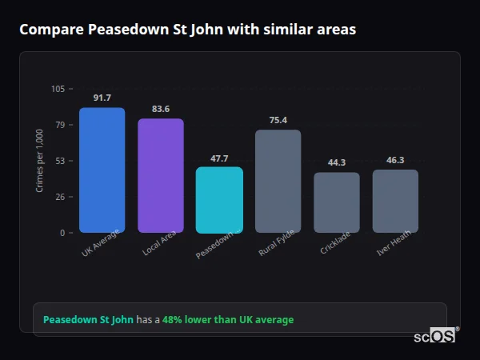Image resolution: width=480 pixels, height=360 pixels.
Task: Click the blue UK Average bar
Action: [x=102, y=170]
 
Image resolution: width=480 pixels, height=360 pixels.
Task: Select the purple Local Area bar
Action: [x=161, y=175]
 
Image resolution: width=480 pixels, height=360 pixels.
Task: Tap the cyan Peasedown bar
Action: [x=219, y=199]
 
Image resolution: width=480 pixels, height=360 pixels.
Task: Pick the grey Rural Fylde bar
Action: [x=278, y=181]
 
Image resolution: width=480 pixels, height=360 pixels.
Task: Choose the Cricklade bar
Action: [x=337, y=202]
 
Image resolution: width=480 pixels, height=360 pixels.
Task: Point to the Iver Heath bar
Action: [x=395, y=201]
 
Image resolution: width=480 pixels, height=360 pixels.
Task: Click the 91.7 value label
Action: [x=102, y=98]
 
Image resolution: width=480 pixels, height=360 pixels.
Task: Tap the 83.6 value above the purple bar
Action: [x=161, y=109]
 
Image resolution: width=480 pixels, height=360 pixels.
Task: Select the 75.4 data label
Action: [x=278, y=120]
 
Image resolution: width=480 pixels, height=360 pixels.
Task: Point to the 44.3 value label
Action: [x=337, y=162]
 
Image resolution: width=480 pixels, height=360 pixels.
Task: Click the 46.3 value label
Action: [x=395, y=160]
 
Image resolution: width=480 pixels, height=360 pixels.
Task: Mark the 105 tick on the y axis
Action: [x=58, y=89]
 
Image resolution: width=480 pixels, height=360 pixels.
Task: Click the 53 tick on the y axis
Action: [x=59, y=161]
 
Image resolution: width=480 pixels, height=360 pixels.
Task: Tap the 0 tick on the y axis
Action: [x=62, y=233]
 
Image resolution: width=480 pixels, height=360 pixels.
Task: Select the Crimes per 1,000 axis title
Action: [x=40, y=160]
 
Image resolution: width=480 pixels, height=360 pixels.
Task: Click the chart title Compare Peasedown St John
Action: [x=187, y=30]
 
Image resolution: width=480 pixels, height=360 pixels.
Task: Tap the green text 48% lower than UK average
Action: [x=228, y=319]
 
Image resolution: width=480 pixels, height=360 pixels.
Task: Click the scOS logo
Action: [x=434, y=336]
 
